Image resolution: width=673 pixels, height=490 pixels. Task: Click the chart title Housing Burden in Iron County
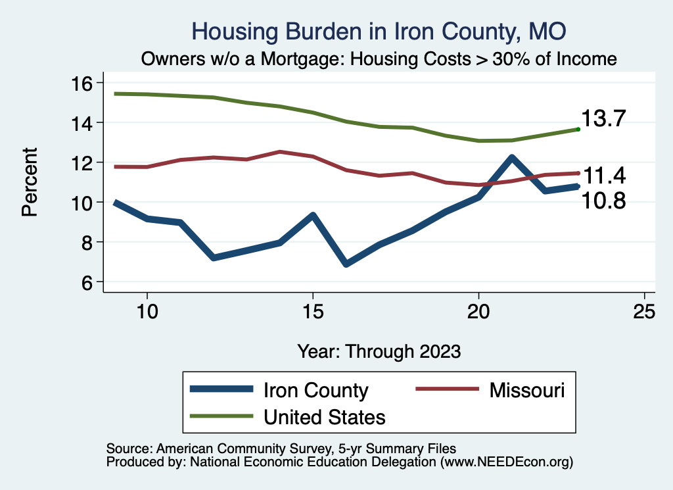[x=378, y=31]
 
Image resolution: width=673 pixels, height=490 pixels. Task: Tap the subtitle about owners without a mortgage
[x=379, y=59]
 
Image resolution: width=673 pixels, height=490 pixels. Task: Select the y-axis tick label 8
[x=90, y=242]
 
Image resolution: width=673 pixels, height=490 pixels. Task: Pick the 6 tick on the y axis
[x=90, y=282]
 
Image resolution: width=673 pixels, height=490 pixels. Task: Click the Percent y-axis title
[x=30, y=182]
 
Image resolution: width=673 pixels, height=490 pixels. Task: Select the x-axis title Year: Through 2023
[x=379, y=351]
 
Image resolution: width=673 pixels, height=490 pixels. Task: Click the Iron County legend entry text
[x=315, y=390]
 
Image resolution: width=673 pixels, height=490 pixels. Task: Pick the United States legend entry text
[x=324, y=416]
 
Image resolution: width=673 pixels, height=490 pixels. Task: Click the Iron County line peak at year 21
[x=511, y=158]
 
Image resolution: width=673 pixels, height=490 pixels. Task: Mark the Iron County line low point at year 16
[x=346, y=263]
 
